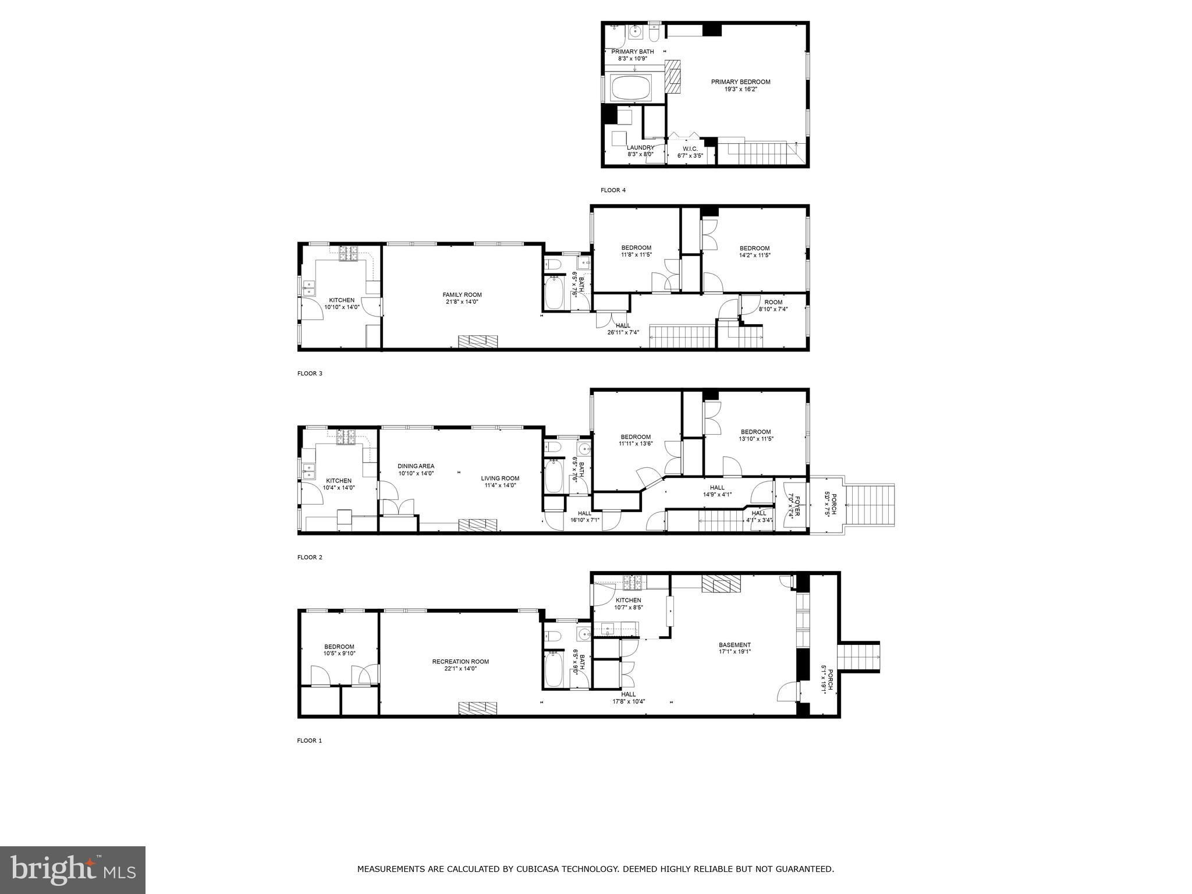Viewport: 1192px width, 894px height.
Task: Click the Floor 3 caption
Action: (x=310, y=374)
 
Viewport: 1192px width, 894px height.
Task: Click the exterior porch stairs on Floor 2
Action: (x=870, y=505)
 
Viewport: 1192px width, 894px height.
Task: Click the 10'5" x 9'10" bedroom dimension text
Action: (x=339, y=654)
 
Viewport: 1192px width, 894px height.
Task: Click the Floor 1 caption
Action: (x=310, y=741)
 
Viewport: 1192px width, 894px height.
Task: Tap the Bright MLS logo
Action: (x=73, y=870)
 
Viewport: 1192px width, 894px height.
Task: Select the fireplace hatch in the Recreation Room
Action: (x=478, y=708)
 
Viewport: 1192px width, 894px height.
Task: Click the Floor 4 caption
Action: (x=613, y=190)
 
